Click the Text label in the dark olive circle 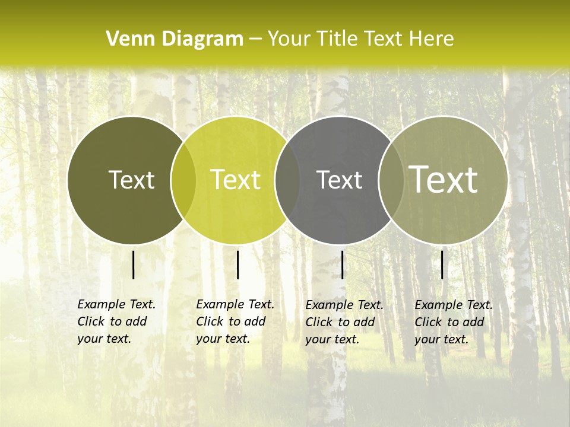pos(131,180)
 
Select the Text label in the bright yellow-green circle pos(235,180)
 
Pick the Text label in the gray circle pos(339,180)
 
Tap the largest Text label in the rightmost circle pos(443,180)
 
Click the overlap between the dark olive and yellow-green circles pos(183,180)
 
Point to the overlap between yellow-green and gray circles pos(287,180)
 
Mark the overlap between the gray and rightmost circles pos(391,180)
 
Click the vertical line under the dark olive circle pos(134,265)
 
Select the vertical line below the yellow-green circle pos(237,265)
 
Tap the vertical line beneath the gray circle pos(343,265)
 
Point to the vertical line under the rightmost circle pos(442,265)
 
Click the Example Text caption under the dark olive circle pos(116,321)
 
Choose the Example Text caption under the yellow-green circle pos(235,321)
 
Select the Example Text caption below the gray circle pos(344,322)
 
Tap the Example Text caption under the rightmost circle pos(453,322)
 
